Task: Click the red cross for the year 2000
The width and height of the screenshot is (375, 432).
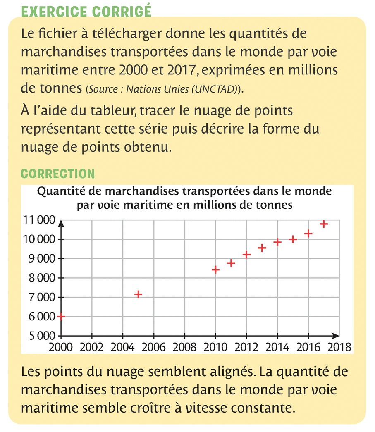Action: coord(61,316)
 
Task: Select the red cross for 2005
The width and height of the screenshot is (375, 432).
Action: coord(139,294)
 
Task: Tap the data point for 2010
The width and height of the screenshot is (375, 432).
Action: coord(215,270)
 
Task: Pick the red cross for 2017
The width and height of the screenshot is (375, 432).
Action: coord(324,224)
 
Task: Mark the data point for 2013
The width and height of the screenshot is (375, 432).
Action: coord(262,248)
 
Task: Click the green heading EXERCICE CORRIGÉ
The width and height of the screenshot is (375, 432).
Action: coord(86,12)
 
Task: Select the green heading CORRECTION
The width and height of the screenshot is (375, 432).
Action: coord(58,173)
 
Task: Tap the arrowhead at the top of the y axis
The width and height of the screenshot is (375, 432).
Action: coord(61,224)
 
